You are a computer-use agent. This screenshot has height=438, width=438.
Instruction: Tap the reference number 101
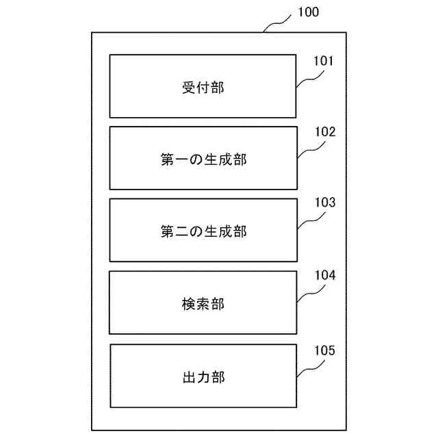(x=324, y=62)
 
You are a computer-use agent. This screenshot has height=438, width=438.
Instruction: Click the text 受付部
(x=203, y=88)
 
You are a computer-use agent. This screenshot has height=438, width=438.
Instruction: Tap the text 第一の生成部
(x=203, y=159)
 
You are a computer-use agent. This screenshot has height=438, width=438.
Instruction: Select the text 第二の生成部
(x=203, y=231)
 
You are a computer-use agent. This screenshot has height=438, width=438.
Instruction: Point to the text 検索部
(x=203, y=304)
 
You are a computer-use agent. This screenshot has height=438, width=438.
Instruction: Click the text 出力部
(x=203, y=376)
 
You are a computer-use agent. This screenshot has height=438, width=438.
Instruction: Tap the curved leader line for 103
(x=310, y=219)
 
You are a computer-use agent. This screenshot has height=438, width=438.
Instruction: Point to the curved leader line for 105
(x=310, y=368)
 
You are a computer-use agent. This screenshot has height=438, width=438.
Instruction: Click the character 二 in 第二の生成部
(x=181, y=231)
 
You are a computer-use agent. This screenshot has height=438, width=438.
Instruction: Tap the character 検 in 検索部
(x=189, y=304)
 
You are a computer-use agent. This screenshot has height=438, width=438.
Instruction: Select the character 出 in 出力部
(x=189, y=376)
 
